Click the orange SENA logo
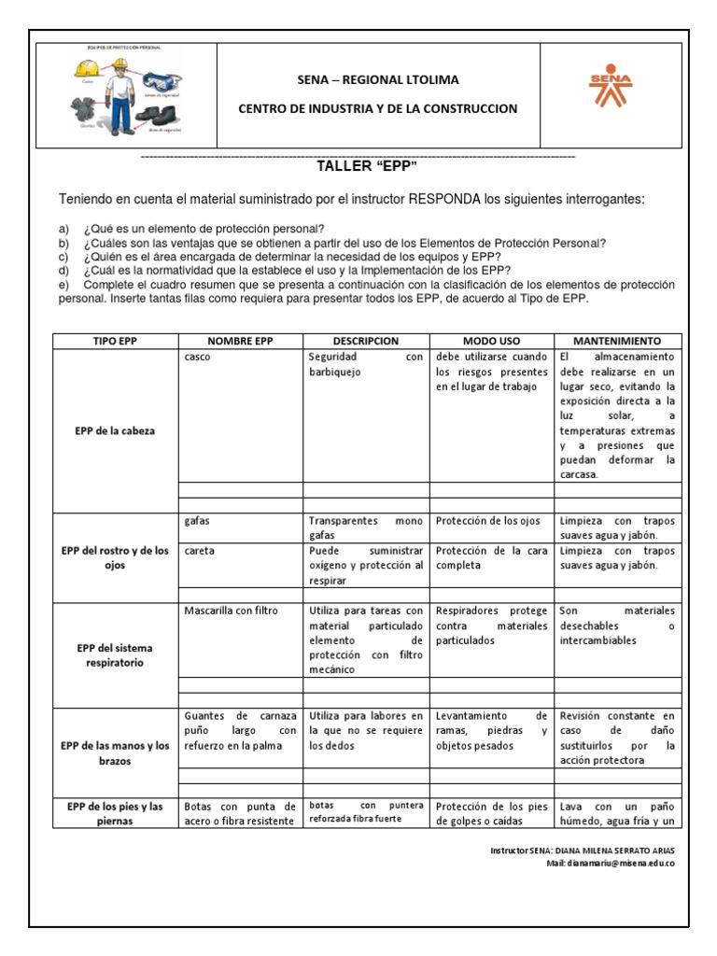(x=611, y=87)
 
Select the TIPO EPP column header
(x=115, y=342)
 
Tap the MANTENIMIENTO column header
(x=616, y=342)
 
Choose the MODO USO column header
(x=491, y=342)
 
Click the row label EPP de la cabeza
(x=115, y=431)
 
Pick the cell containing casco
(x=198, y=357)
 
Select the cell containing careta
(x=200, y=551)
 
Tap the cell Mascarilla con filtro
(x=232, y=611)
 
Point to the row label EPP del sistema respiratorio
(x=115, y=655)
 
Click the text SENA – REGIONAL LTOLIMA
(x=378, y=80)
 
